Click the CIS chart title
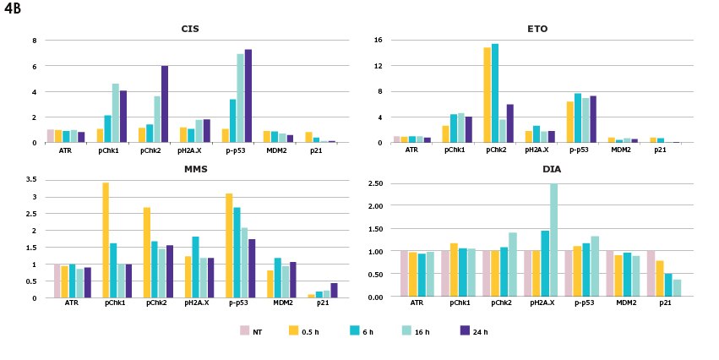tap(190, 29)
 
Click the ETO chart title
tap(537, 29)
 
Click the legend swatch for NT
tap(245, 330)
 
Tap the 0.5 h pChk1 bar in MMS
tap(106, 240)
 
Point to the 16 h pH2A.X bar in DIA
tap(554, 240)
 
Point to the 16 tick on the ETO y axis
tap(379, 41)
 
